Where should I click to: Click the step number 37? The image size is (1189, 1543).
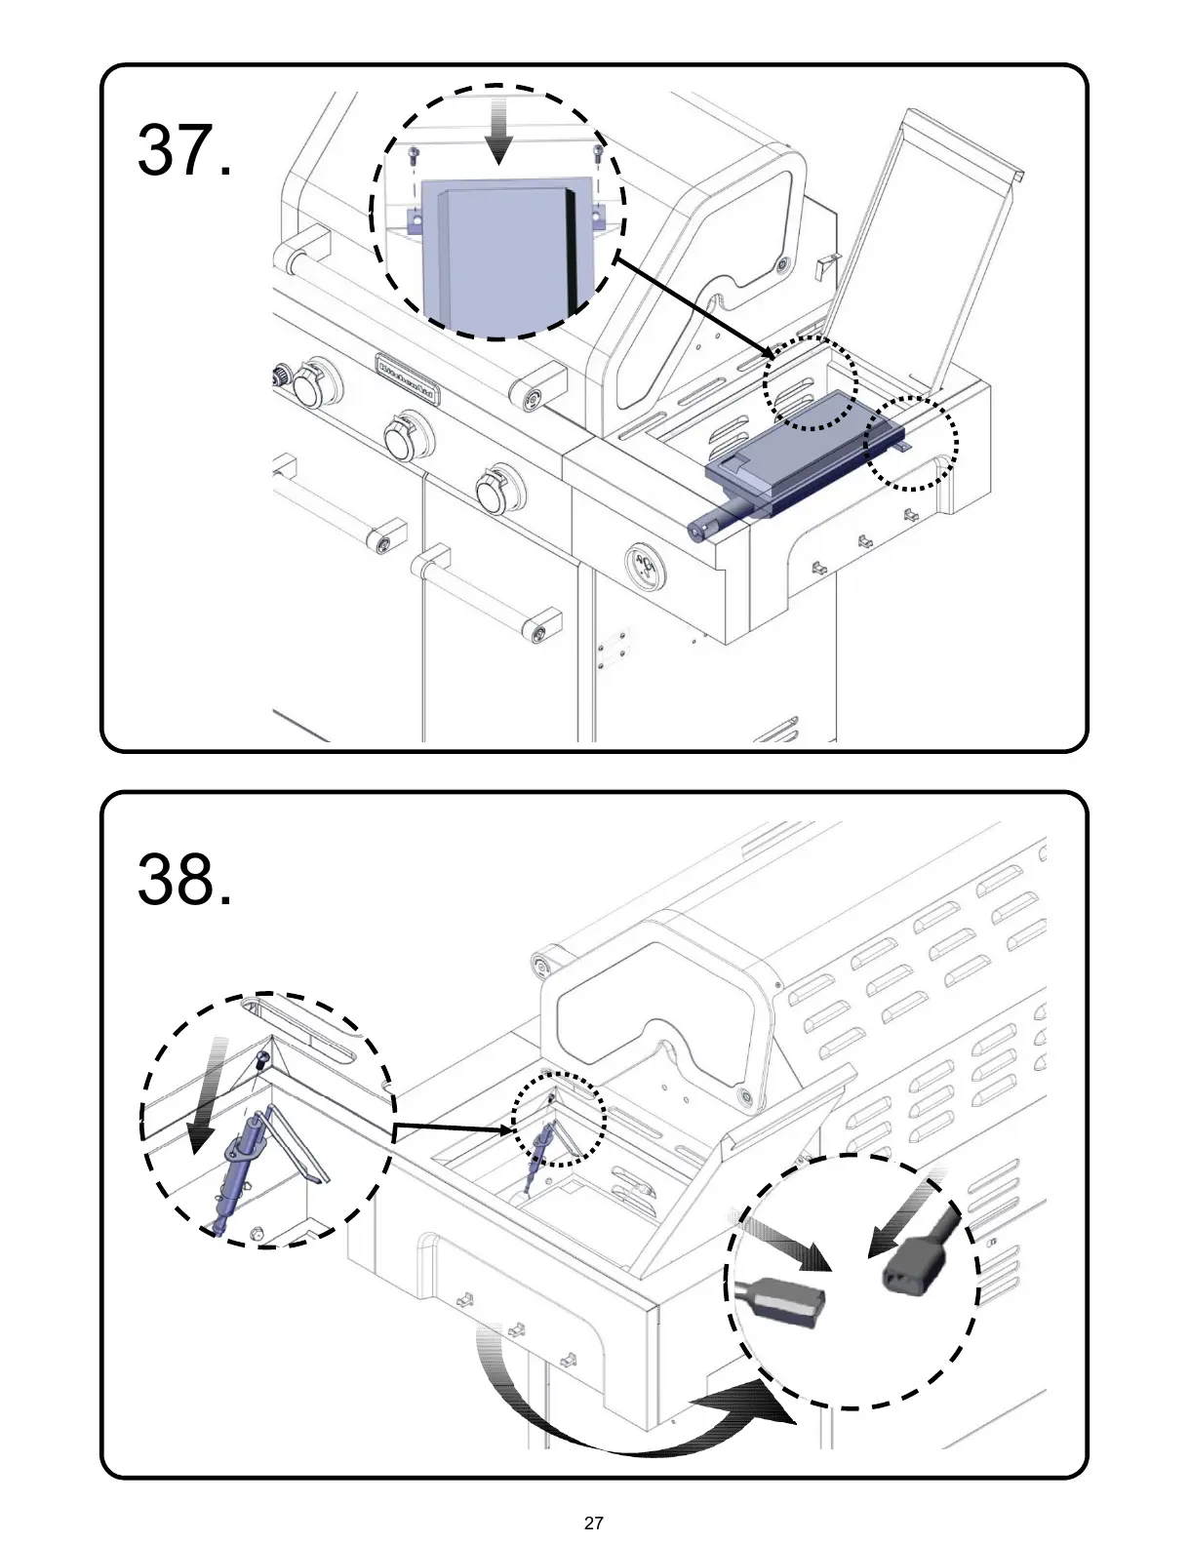tap(184, 151)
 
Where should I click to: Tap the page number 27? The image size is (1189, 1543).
tap(593, 1523)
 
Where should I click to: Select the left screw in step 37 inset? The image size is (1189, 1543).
tap(414, 153)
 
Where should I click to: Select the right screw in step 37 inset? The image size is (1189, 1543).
tap(597, 151)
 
